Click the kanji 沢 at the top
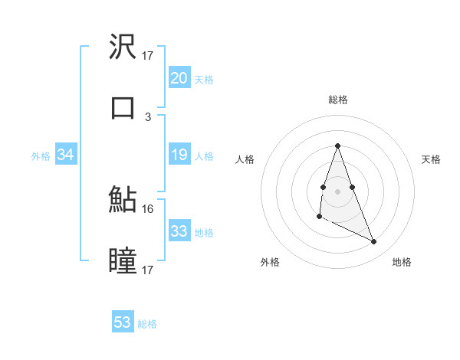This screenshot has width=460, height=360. click(123, 47)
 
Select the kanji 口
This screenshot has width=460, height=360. click(123, 107)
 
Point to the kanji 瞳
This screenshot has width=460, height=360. click(123, 260)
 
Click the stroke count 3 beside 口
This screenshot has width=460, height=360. click(148, 116)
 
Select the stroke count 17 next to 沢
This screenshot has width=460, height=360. click(148, 56)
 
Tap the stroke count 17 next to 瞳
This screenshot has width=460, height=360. click(148, 270)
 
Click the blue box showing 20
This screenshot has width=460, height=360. click(179, 78)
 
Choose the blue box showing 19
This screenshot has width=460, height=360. click(179, 155)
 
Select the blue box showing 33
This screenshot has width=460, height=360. click(179, 231)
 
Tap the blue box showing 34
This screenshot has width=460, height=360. click(66, 155)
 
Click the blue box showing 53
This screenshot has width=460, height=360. click(123, 322)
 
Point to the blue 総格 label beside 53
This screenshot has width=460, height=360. click(147, 324)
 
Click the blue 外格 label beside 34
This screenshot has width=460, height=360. click(41, 156)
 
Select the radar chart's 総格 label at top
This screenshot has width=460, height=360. click(337, 100)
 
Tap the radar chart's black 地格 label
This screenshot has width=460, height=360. click(402, 262)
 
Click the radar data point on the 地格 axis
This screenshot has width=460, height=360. click(374, 242)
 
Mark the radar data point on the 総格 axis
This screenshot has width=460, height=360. click(337, 146)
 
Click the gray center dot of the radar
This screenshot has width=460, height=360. click(337, 190)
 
